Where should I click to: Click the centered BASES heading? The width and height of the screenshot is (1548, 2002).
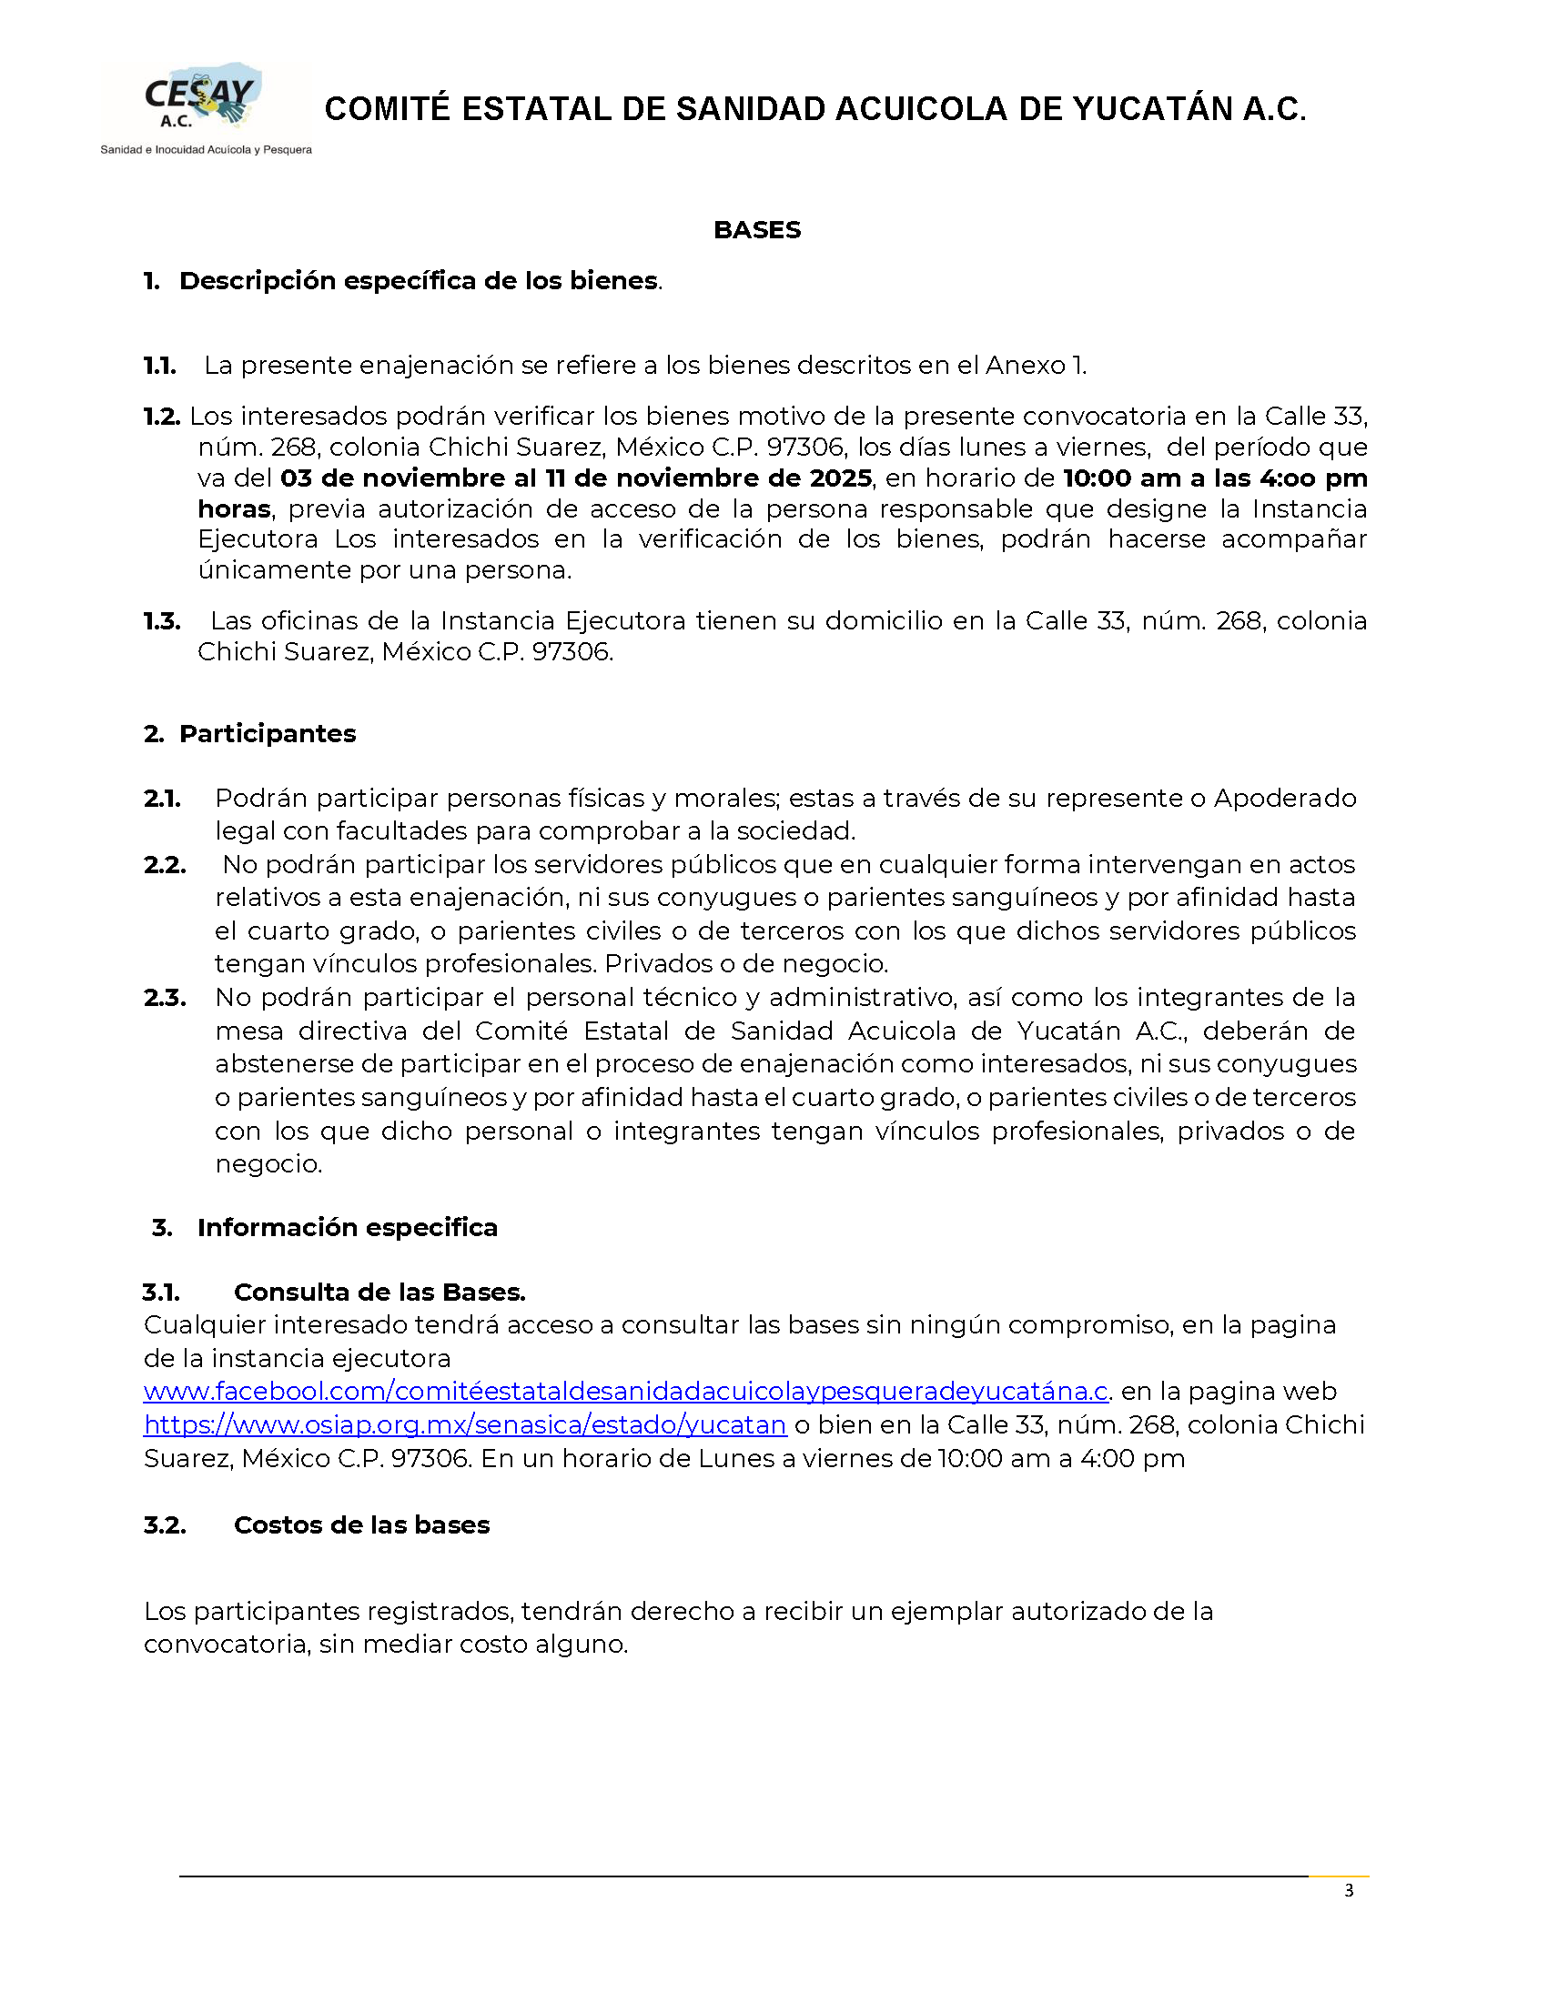[x=756, y=229]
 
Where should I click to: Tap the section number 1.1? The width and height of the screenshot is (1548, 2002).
[x=159, y=366]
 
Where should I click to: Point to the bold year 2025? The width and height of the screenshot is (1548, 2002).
[x=840, y=478]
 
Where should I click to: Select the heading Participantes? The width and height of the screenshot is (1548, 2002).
[x=267, y=733]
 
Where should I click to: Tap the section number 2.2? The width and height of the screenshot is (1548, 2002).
[x=165, y=864]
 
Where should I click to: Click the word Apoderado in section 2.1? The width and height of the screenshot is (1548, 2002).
[x=1285, y=798]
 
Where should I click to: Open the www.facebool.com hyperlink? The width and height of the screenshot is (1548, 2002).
[x=626, y=1392]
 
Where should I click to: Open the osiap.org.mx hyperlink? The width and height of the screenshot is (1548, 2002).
[x=465, y=1424]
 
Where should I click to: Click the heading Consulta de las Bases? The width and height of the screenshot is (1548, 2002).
[x=379, y=1292]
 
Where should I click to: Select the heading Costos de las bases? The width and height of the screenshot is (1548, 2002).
[x=361, y=1524]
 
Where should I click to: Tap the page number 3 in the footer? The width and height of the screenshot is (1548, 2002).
[x=1348, y=1889]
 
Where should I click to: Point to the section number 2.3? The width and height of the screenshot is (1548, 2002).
[x=165, y=997]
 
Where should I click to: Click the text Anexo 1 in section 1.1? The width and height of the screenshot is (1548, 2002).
[x=1034, y=366]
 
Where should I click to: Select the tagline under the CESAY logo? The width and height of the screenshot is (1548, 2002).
[x=206, y=149]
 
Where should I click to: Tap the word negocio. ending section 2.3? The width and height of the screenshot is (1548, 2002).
[x=268, y=1164]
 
